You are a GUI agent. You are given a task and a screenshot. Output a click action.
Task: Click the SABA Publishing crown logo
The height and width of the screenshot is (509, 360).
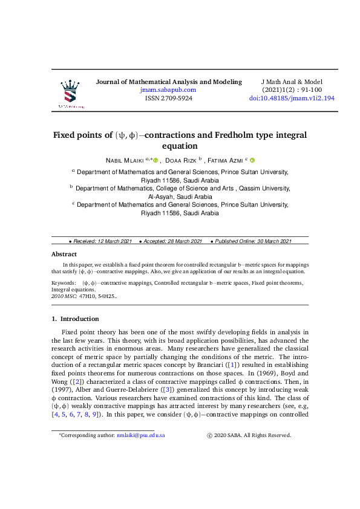pyautogui.click(x=71, y=93)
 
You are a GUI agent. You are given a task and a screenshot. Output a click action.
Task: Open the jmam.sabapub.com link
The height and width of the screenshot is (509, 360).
pyautogui.click(x=168, y=89)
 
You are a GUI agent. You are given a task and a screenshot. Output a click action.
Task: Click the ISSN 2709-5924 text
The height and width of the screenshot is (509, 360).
pyautogui.click(x=169, y=98)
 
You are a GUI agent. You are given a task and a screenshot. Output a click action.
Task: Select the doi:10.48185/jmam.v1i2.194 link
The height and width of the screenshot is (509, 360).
pyautogui.click(x=292, y=98)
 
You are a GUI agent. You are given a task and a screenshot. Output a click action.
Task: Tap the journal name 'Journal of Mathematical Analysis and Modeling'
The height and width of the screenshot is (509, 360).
pyautogui.click(x=169, y=82)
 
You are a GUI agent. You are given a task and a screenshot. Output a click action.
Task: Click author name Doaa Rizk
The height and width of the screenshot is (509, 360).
pyautogui.click(x=180, y=160)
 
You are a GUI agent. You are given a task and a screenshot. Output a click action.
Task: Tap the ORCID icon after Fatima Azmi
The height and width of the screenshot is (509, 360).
pyautogui.click(x=252, y=160)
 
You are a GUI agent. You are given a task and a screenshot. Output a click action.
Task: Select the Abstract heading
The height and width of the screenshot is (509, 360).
pyautogui.click(x=64, y=254)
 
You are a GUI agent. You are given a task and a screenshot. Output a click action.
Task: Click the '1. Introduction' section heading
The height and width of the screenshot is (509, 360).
pyautogui.click(x=76, y=319)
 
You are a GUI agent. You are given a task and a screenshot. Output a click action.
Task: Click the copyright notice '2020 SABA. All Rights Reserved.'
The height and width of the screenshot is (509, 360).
pyautogui.click(x=253, y=435)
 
